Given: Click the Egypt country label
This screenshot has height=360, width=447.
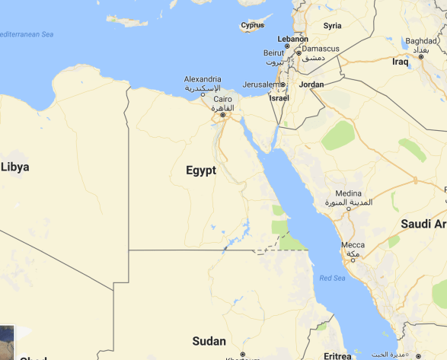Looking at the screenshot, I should click(201, 170).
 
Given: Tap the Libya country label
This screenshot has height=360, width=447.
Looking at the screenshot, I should click(14, 167).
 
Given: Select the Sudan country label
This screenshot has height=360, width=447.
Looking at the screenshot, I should click(209, 341).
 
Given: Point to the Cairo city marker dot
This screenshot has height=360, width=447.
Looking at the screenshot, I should click(222, 115).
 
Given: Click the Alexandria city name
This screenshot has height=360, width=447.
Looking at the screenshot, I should click(203, 79).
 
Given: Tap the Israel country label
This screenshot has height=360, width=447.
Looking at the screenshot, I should click(279, 98).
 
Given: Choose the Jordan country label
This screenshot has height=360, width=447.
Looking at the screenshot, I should click(311, 84).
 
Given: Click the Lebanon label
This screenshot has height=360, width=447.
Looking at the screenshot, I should click(292, 39).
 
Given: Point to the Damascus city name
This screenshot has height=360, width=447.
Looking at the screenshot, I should click(320, 49).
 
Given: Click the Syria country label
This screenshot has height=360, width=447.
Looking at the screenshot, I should click(333, 26).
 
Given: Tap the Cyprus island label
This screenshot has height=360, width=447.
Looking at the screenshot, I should click(252, 26).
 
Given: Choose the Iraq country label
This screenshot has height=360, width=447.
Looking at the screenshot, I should click(401, 62).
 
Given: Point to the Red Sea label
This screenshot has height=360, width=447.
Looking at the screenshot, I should click(332, 278).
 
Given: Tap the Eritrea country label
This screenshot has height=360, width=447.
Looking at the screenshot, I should click(337, 355).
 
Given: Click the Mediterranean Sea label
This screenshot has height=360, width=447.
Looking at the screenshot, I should click(26, 34).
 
